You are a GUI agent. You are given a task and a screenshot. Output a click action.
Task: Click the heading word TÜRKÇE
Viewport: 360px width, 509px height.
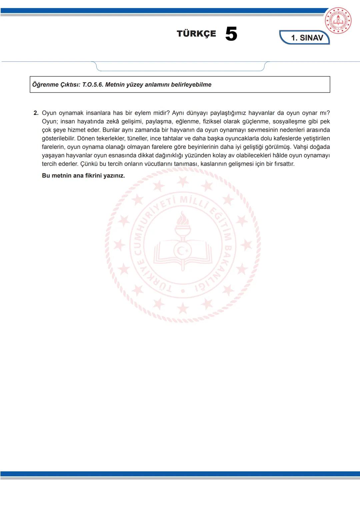[x=196, y=34]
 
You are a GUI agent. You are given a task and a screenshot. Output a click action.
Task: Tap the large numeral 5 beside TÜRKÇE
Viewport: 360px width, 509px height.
[x=231, y=34]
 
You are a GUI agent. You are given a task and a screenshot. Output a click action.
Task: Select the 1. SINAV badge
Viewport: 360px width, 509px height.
[x=307, y=38]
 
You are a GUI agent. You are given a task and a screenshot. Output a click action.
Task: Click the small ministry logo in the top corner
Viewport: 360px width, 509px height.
[x=338, y=21]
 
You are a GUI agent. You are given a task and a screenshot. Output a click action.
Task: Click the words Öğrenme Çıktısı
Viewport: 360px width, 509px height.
[x=56, y=85]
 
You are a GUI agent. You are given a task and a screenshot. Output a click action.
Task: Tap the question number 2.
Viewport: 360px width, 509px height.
[x=36, y=113]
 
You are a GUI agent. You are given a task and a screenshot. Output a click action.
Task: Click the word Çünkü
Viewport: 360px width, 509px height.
[x=88, y=164]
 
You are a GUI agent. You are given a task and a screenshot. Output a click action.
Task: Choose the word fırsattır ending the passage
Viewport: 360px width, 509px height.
[x=284, y=164]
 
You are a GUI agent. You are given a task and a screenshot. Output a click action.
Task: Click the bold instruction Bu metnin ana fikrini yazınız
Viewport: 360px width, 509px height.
[x=83, y=176]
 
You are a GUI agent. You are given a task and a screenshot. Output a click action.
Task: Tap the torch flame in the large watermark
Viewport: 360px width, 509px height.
[x=183, y=220]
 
